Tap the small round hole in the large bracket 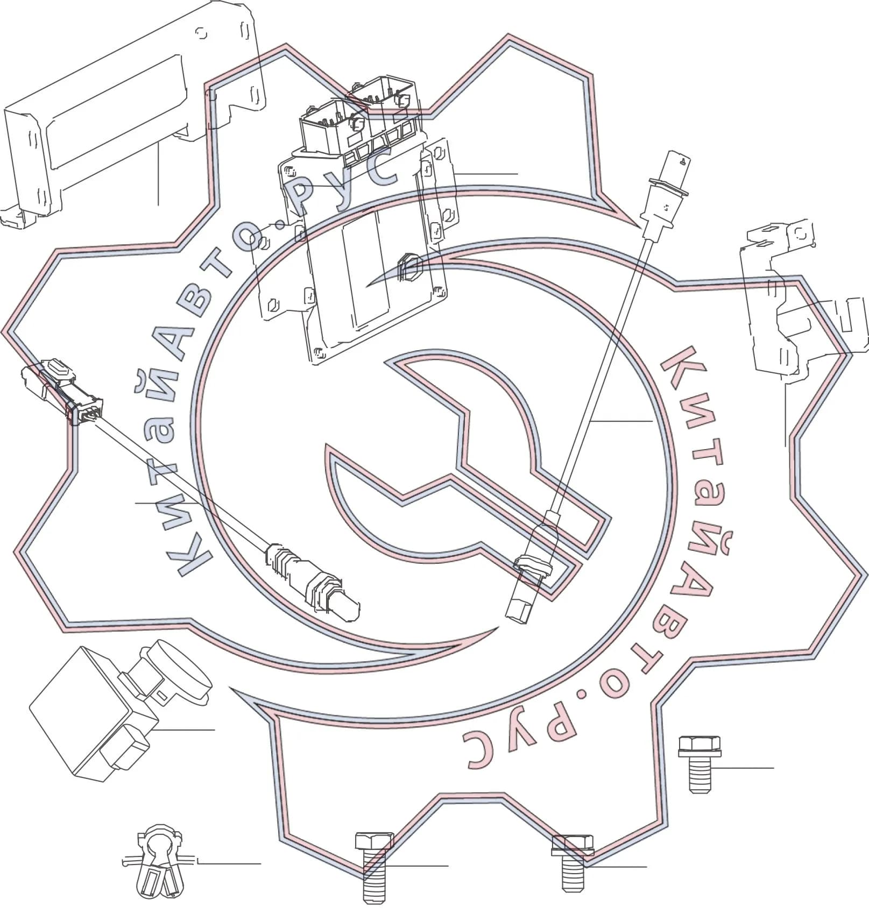coord(202,33)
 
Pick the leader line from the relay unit coord(183,730)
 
